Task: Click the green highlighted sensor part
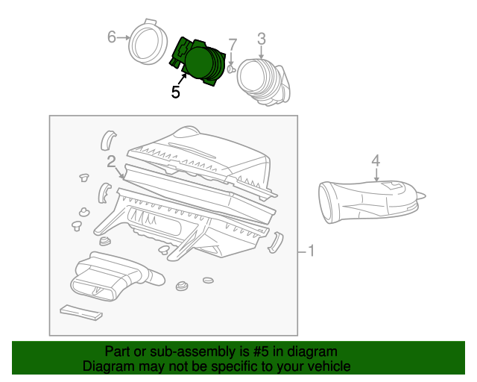tap(200, 63)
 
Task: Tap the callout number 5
tap(175, 93)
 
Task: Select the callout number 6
tap(113, 37)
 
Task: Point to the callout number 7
tap(233, 45)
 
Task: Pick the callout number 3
tap(262, 38)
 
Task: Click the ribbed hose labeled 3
tap(261, 81)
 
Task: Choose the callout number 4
tap(376, 160)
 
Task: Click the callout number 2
tap(110, 161)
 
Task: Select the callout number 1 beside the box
tap(311, 252)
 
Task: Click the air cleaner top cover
tap(198, 153)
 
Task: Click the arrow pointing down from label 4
tap(376, 175)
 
